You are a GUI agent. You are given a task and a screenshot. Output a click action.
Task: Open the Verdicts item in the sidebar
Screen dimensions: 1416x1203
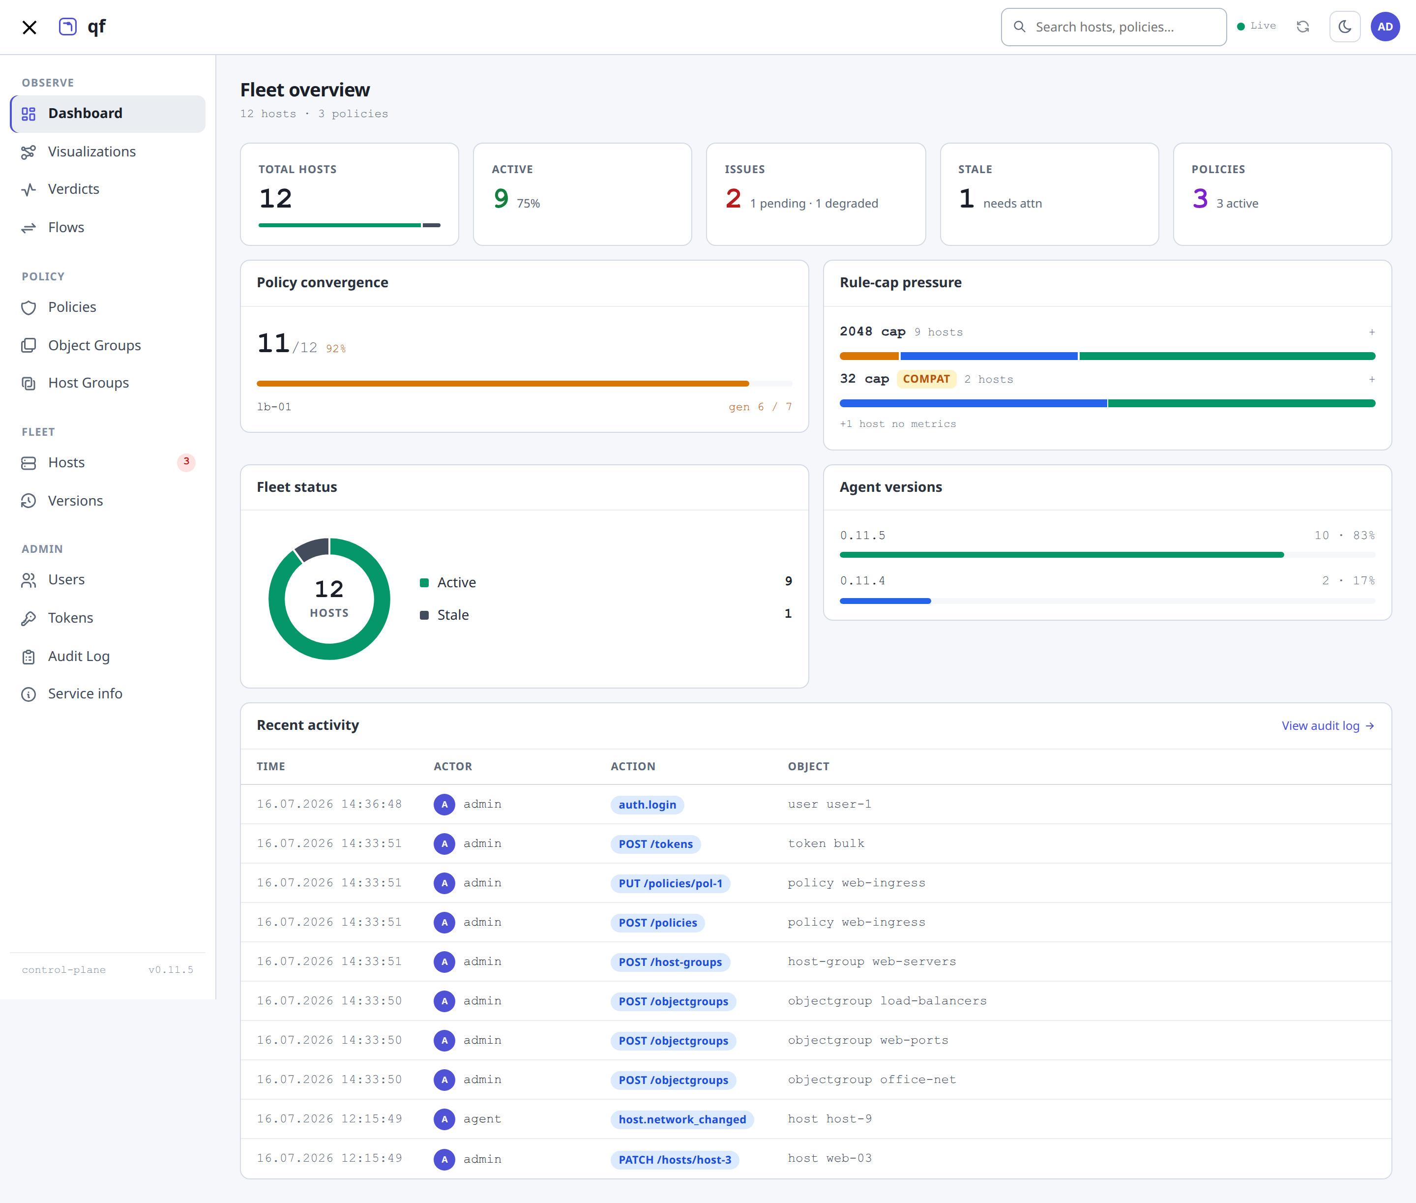[x=73, y=189]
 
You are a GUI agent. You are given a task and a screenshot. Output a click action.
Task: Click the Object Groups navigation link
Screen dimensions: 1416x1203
[x=94, y=345]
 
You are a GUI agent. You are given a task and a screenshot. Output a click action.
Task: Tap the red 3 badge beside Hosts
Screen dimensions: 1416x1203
[x=186, y=462]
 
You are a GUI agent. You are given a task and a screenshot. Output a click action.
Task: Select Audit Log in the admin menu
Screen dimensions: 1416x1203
[x=78, y=656]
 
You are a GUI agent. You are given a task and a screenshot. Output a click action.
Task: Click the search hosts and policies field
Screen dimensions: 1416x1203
[x=1113, y=27]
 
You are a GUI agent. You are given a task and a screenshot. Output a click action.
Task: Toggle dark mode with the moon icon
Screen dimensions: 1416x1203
[x=1344, y=27]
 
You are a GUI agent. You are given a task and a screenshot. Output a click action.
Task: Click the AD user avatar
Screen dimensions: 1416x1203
[x=1385, y=27]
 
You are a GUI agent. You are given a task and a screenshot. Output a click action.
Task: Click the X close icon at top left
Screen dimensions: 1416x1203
[x=29, y=27]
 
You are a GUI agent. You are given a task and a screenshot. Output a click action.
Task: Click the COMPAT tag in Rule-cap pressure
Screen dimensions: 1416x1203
[x=926, y=379]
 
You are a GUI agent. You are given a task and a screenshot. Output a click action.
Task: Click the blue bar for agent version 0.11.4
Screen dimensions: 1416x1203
[x=885, y=601]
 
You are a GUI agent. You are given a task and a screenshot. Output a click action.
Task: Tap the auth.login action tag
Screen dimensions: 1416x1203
[x=647, y=805]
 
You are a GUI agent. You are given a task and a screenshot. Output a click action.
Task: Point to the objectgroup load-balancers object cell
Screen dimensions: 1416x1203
[x=887, y=1000]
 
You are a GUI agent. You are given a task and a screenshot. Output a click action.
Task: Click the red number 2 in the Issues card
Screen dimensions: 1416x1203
[x=733, y=199]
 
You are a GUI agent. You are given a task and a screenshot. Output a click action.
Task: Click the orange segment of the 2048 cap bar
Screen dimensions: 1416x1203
[x=869, y=356]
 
